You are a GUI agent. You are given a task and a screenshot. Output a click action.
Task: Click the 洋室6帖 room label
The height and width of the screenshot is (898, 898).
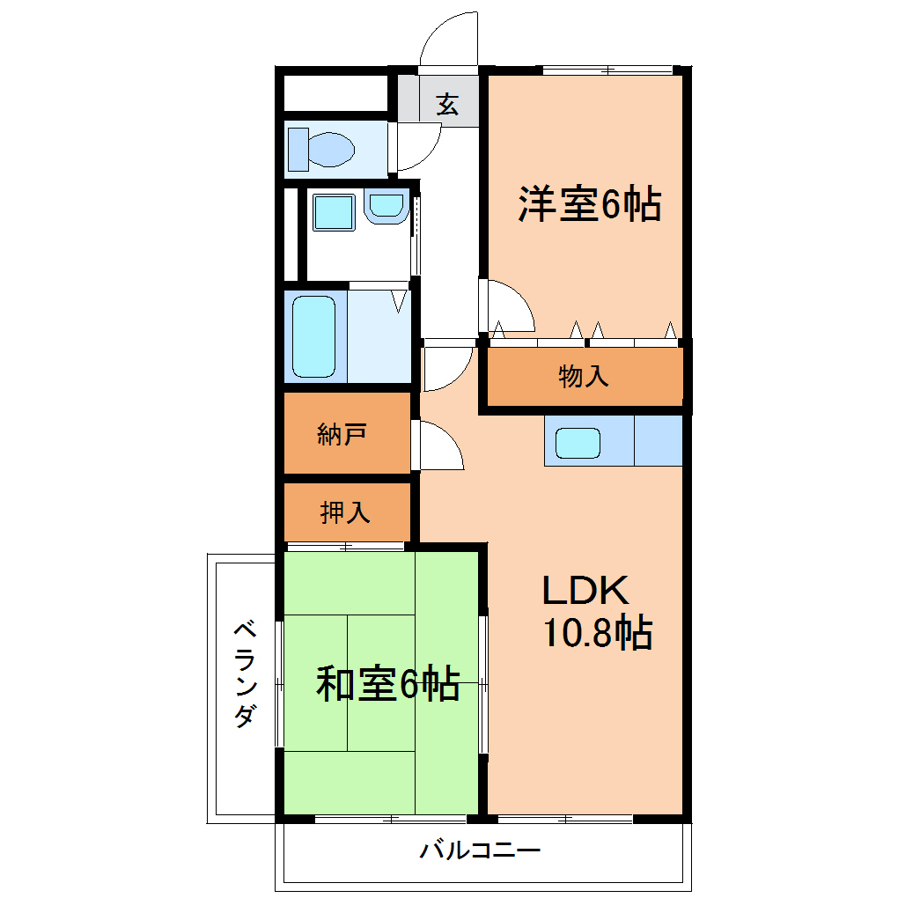coord(589,203)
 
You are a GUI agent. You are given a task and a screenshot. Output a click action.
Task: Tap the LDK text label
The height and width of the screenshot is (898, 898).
coord(585,591)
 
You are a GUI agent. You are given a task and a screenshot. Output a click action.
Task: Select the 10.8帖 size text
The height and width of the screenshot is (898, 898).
coord(597,632)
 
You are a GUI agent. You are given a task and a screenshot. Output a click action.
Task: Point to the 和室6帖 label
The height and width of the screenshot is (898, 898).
coord(387,683)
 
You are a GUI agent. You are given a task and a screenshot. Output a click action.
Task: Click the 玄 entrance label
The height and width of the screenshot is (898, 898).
coord(446,104)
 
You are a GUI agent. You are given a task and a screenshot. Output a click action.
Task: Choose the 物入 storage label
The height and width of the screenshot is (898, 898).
coord(583,376)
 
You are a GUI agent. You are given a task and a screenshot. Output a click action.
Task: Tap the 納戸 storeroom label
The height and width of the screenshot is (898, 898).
coord(342,434)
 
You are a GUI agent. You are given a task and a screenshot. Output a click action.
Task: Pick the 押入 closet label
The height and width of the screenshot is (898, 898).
coord(345,512)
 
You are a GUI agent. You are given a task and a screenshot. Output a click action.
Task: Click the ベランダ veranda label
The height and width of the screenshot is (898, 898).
coord(245,673)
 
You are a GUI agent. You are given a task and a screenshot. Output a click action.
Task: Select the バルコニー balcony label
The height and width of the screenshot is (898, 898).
coord(480,850)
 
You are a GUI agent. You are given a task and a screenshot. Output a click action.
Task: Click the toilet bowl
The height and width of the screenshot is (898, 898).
coord(331,150)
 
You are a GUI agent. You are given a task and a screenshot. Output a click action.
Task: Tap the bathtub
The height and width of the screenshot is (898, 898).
coord(313,336)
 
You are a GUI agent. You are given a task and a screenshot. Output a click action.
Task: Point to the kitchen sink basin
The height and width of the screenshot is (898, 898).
coord(578,443)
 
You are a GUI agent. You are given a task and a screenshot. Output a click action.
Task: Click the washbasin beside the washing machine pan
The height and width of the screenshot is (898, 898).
coord(386,206)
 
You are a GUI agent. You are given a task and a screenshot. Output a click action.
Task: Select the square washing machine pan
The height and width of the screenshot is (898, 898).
coord(334,212)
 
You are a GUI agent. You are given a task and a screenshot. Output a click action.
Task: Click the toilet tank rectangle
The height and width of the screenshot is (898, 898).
coord(298,150)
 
